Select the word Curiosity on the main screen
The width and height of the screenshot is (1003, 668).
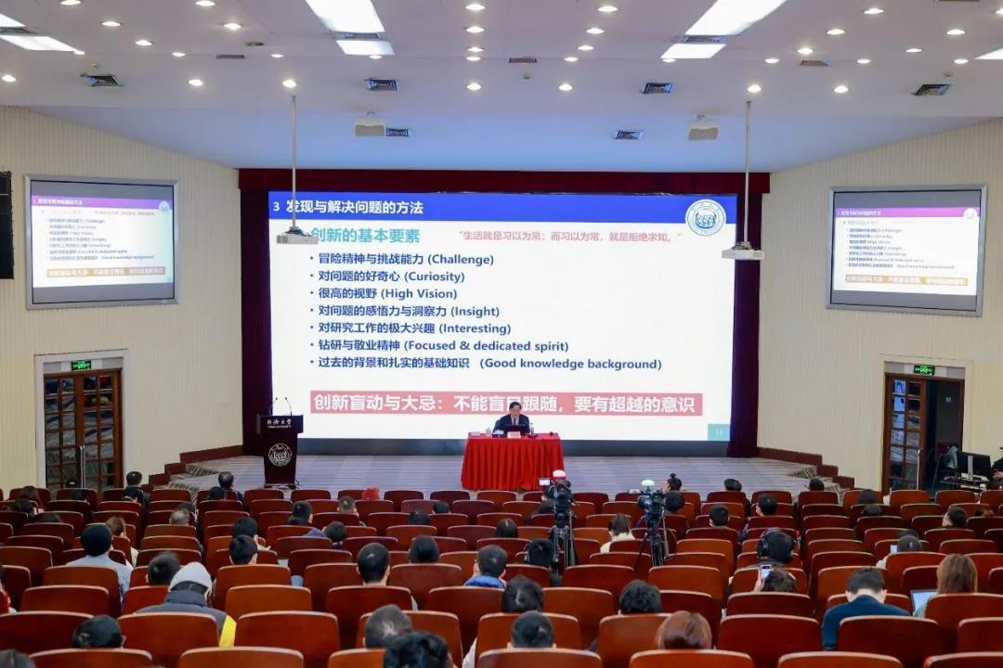(434, 276)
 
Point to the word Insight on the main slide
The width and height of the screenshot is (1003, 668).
(474, 312)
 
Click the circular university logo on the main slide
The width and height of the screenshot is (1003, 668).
(705, 217)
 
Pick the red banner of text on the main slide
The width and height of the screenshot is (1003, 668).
(506, 404)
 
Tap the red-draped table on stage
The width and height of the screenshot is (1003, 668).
(512, 461)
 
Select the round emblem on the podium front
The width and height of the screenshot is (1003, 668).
(280, 455)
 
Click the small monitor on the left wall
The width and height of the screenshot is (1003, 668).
(101, 240)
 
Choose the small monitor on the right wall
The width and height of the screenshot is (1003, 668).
(905, 250)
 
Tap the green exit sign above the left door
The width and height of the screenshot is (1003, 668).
(81, 365)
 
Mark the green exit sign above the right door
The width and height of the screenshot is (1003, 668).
(923, 369)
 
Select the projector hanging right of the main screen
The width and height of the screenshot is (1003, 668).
(743, 250)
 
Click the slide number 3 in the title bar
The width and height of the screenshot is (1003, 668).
(276, 207)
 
